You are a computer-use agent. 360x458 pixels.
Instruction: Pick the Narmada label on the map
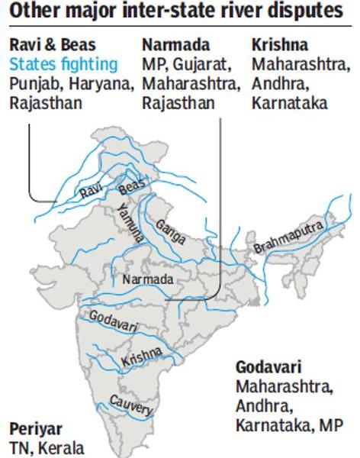[x=147, y=280]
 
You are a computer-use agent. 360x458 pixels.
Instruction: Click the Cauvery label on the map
[x=131, y=405]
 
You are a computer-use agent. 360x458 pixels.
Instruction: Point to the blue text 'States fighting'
[x=64, y=63]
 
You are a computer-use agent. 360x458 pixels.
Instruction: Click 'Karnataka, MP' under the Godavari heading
[x=289, y=424]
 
